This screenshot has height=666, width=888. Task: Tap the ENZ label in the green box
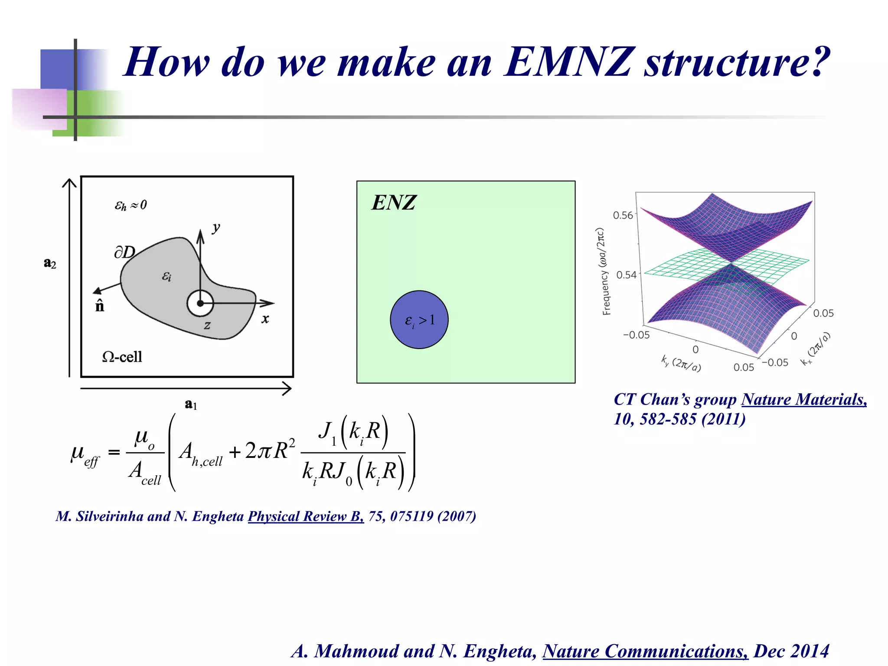point(394,202)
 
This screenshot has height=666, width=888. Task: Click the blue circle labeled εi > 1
point(419,320)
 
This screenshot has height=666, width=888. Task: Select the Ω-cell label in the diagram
point(122,357)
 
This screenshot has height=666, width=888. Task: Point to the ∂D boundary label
point(124,252)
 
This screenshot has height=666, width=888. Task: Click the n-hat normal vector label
point(100,306)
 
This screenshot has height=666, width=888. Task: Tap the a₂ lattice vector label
point(50,263)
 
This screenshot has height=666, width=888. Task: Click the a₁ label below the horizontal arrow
point(191,404)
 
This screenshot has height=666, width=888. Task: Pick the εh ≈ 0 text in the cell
point(131,205)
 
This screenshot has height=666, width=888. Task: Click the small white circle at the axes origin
point(200,304)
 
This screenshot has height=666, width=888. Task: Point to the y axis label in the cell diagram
point(216,227)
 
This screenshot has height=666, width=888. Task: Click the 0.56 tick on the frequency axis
point(623,215)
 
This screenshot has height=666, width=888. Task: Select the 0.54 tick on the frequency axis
point(626,275)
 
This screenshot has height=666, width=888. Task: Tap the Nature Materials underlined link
point(804,399)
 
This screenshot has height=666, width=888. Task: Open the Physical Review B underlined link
point(306,516)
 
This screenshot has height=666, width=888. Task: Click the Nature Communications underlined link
point(645,651)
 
